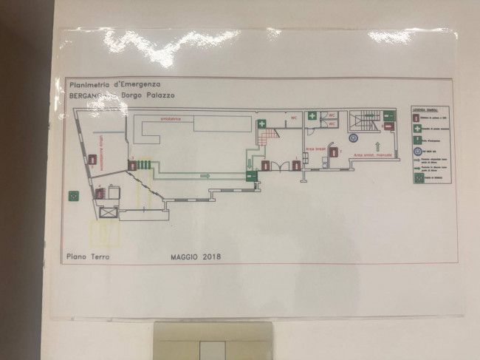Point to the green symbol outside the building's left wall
73,196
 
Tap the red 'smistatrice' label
170,118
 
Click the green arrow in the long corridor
205,176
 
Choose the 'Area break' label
316,149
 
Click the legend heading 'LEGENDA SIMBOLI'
425,109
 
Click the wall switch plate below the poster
212,344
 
